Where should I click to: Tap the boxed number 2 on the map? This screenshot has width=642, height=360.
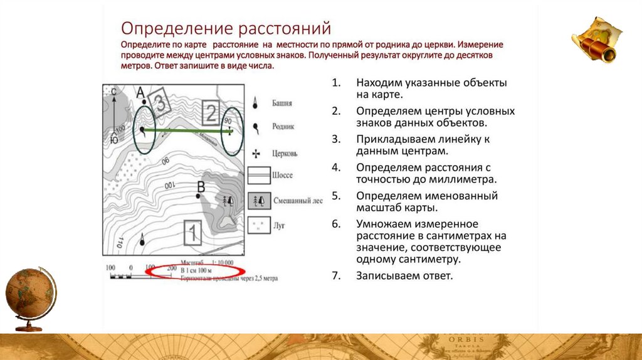[211, 113]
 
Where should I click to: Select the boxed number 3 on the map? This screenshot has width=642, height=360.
[159, 104]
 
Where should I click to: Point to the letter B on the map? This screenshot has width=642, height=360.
[201, 186]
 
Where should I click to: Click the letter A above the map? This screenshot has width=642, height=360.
[140, 92]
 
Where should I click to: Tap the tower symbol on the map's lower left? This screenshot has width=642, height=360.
[142, 238]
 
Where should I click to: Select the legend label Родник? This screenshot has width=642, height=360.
[283, 126]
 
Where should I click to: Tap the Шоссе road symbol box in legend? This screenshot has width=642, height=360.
[258, 175]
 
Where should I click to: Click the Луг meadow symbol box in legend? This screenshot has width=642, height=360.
[258, 225]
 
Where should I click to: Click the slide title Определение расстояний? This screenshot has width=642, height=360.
[225, 28]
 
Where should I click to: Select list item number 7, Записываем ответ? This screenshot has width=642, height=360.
[404, 275]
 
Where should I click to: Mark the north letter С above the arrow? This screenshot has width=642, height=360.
[113, 92]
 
